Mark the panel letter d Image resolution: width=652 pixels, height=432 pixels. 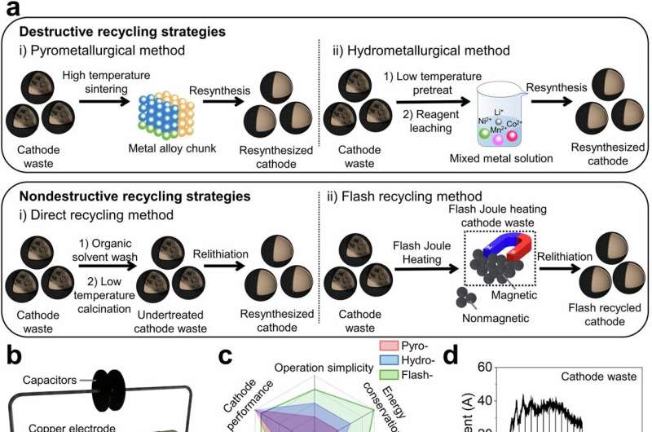(450, 358)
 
